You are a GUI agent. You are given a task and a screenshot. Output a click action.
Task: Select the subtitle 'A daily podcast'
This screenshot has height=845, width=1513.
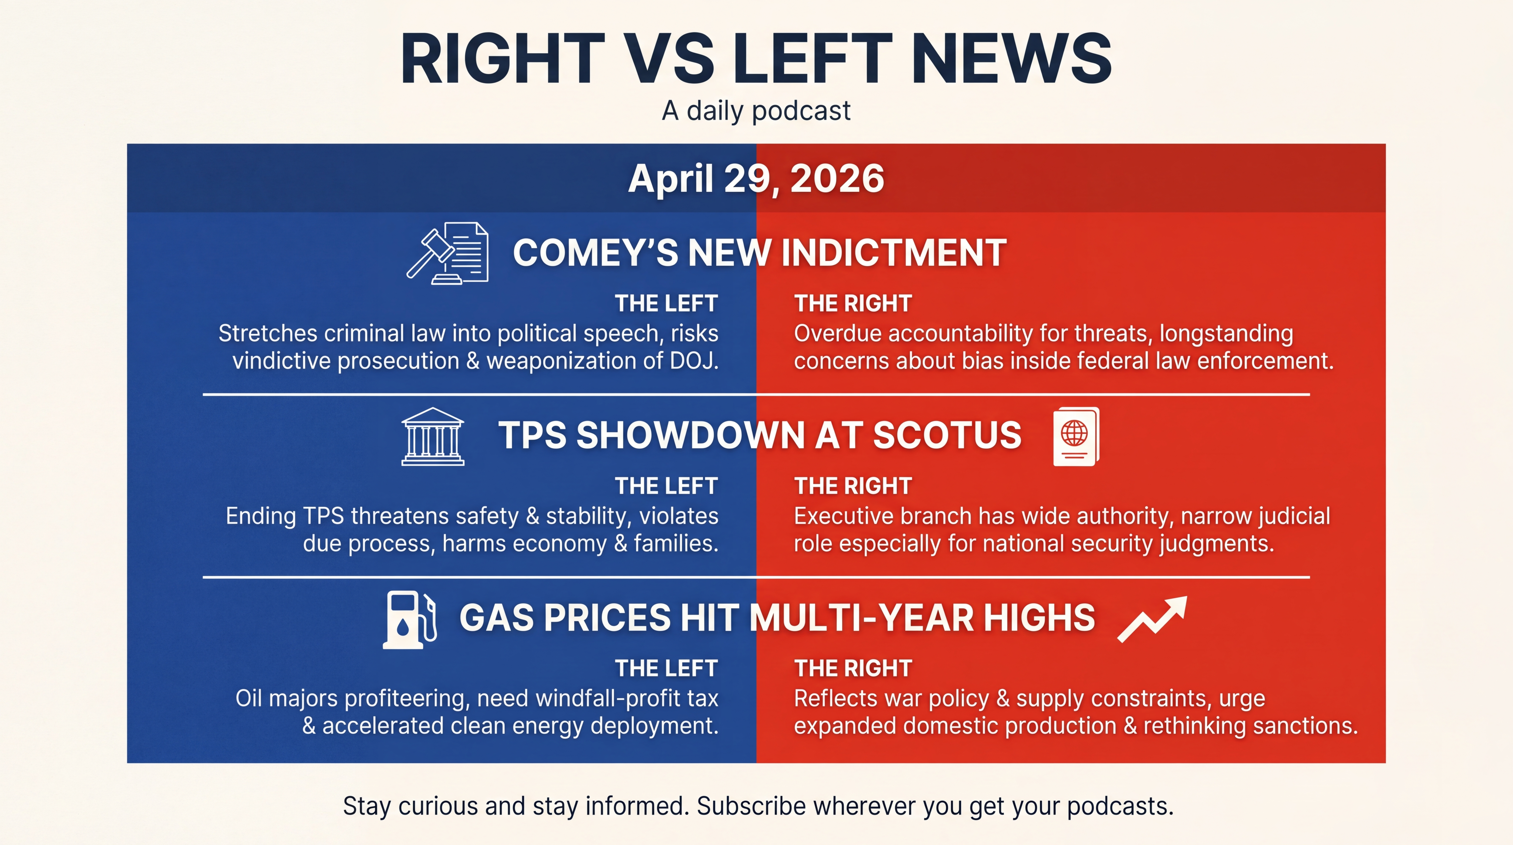tap(756, 111)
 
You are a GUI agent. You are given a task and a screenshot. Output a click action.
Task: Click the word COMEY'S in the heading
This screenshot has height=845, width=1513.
tap(594, 253)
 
